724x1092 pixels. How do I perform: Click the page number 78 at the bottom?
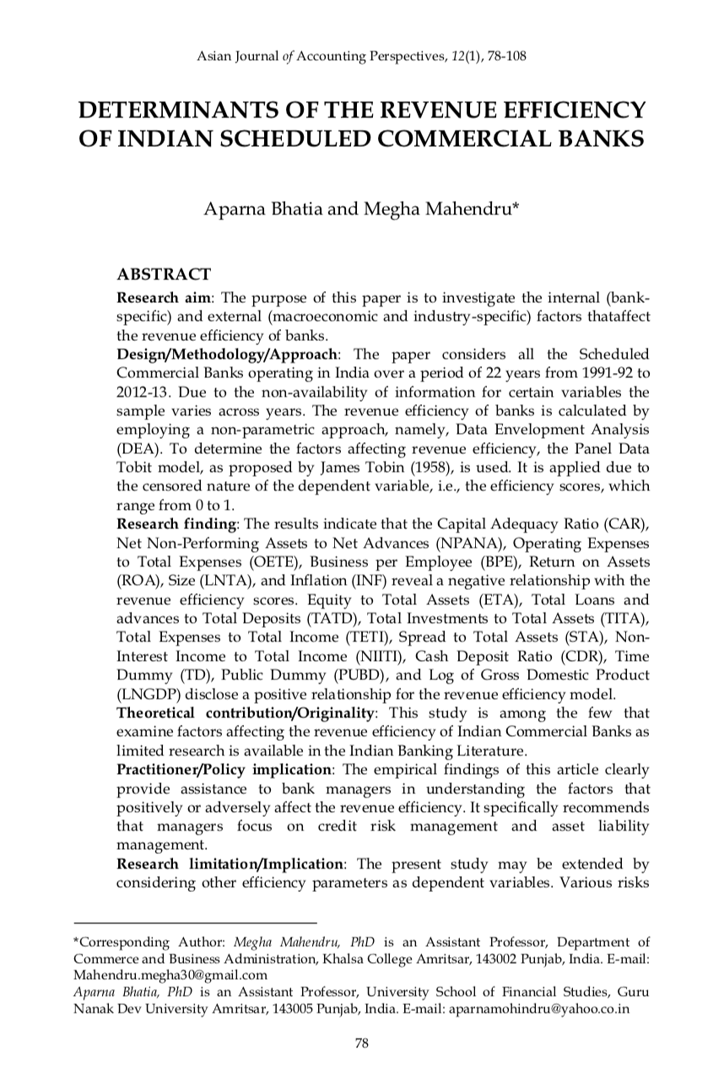click(361, 1044)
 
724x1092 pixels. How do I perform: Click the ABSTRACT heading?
click(164, 275)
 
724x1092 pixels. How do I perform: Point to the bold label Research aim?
click(156, 299)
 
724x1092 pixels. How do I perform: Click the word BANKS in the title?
click(605, 137)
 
